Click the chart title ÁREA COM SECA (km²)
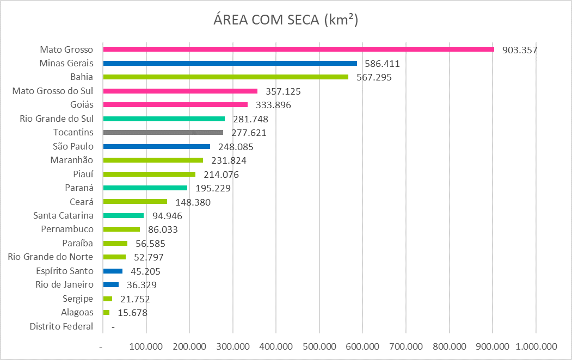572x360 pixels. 286,20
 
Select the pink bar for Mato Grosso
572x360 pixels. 298,49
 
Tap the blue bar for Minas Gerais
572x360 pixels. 230,63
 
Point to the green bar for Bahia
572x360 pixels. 225,77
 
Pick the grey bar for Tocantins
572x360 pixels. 163,133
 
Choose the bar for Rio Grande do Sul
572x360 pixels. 164,119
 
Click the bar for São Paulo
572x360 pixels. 156,146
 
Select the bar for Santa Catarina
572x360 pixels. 123,215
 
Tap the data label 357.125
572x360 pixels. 283,91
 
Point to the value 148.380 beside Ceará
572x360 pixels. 193,202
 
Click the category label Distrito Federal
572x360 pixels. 61,326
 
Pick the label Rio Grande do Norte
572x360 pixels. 51,257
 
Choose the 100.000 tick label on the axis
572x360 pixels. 146,346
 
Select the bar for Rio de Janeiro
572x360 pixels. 110,284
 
